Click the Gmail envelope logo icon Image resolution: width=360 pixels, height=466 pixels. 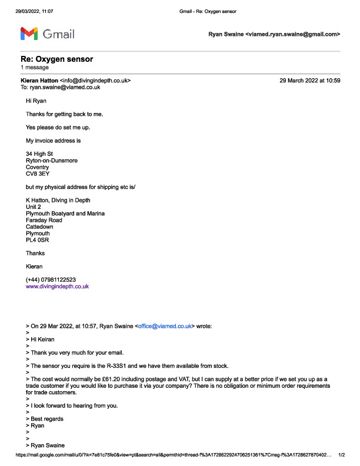(29, 34)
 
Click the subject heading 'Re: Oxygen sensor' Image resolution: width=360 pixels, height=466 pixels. (56, 59)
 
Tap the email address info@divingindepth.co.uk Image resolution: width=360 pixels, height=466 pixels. (95, 80)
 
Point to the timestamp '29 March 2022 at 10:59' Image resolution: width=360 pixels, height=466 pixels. (310, 80)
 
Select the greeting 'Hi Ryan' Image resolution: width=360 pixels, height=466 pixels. (36, 101)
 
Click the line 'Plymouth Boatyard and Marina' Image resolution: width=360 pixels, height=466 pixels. (65, 214)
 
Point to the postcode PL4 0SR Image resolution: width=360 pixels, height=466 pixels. (37, 241)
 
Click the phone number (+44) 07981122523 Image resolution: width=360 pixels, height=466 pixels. (51, 279)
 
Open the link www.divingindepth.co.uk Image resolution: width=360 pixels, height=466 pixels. (57, 287)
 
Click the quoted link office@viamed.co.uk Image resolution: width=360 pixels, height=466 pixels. (166, 325)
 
